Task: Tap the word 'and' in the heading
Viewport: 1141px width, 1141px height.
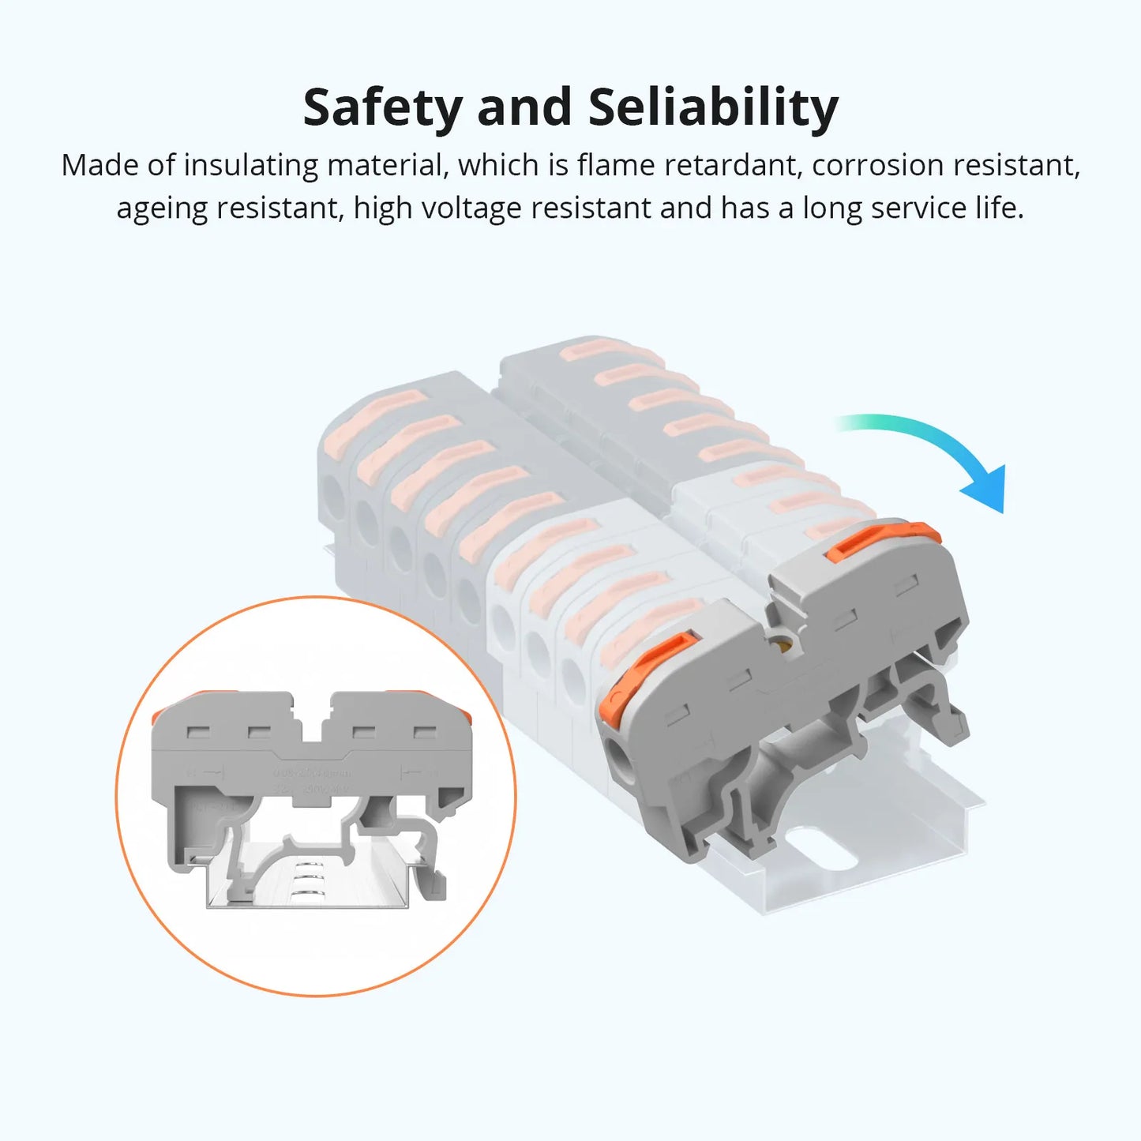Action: [524, 108]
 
